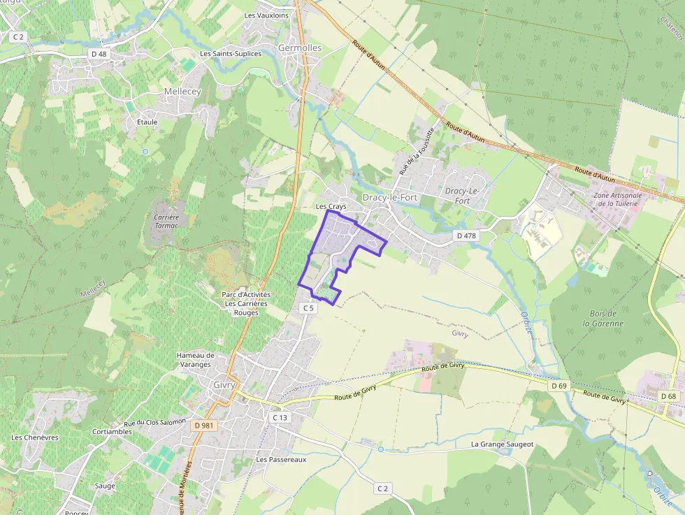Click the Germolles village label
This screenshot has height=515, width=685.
(x=300, y=48)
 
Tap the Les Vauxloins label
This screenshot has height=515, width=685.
(x=266, y=15)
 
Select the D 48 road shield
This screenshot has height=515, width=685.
(x=99, y=54)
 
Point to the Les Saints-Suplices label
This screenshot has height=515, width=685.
(x=231, y=54)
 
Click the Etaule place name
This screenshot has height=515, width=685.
(x=147, y=122)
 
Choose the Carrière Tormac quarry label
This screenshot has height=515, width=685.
(x=166, y=222)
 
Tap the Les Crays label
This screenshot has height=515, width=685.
(x=331, y=207)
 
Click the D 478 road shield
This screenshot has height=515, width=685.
(x=466, y=235)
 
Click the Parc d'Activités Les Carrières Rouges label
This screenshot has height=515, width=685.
(x=245, y=303)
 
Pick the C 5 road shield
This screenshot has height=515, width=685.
(x=308, y=307)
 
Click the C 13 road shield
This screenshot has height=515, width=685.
(x=279, y=417)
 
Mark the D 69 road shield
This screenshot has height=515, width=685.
(x=558, y=386)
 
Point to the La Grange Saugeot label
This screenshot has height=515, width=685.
(x=502, y=444)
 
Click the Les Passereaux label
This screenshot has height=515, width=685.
(x=281, y=460)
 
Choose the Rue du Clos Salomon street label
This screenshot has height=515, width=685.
(x=155, y=422)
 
